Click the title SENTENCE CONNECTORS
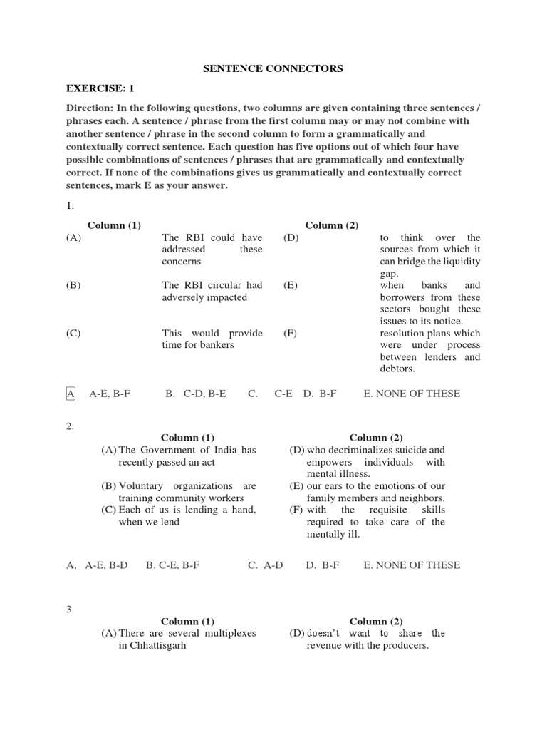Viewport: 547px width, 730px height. [273, 68]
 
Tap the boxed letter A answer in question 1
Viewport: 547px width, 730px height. [71, 394]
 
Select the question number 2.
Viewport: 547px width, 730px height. [70, 426]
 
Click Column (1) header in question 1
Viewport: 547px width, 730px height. [114, 225]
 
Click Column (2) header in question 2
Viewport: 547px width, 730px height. [376, 438]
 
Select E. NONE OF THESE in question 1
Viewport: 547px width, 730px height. [412, 394]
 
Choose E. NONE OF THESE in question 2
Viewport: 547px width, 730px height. [412, 565]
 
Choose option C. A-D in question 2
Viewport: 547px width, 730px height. [265, 565]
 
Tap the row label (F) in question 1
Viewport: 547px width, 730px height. [290, 334]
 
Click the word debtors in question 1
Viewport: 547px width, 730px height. [397, 369]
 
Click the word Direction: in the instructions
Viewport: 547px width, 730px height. [90, 108]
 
